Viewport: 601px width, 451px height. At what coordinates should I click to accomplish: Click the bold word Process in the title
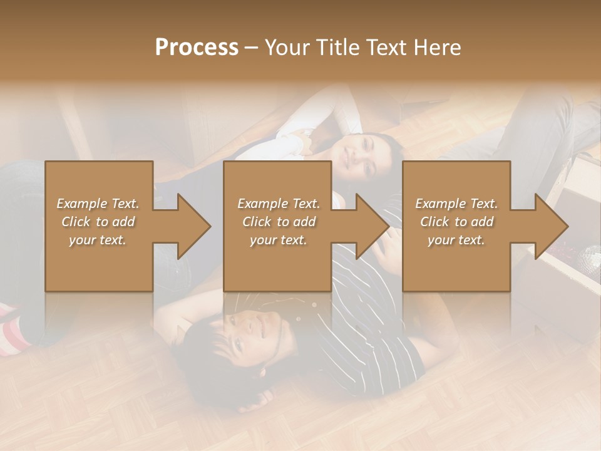tap(197, 48)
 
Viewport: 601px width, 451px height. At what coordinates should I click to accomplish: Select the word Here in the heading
tap(438, 48)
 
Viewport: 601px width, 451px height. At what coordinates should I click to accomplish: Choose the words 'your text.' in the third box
tap(456, 240)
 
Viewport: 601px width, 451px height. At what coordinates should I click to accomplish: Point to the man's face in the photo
tap(250, 329)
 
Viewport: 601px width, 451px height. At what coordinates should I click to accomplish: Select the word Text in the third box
tap(483, 204)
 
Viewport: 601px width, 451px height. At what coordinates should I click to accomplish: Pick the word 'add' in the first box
tap(123, 222)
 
